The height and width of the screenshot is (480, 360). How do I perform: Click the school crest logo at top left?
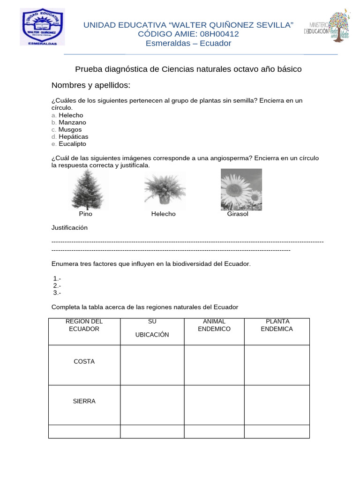point(42,27)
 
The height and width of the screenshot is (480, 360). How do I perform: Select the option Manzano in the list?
point(72,122)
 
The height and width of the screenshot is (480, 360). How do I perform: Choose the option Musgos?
point(70,129)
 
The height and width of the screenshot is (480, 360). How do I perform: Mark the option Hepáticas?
point(73,136)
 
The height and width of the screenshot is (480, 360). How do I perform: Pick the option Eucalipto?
point(72,144)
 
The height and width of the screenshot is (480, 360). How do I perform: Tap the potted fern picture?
point(164,189)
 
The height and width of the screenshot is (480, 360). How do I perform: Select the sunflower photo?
point(241,189)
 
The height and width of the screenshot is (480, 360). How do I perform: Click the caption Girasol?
point(238,214)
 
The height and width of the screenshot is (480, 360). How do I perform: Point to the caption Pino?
point(86,214)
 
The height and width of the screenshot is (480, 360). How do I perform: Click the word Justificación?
point(69,228)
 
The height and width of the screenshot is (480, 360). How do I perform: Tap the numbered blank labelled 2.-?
point(57,285)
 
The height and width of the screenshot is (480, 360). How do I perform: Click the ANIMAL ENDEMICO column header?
point(214,325)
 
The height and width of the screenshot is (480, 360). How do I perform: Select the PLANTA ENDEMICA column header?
point(277,325)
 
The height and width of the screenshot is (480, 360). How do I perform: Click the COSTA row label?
point(84,361)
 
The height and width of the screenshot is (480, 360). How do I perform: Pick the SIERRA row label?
point(84,401)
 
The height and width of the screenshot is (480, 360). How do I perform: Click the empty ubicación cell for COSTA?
point(152,365)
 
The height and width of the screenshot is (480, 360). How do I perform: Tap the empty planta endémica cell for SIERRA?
point(277,405)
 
